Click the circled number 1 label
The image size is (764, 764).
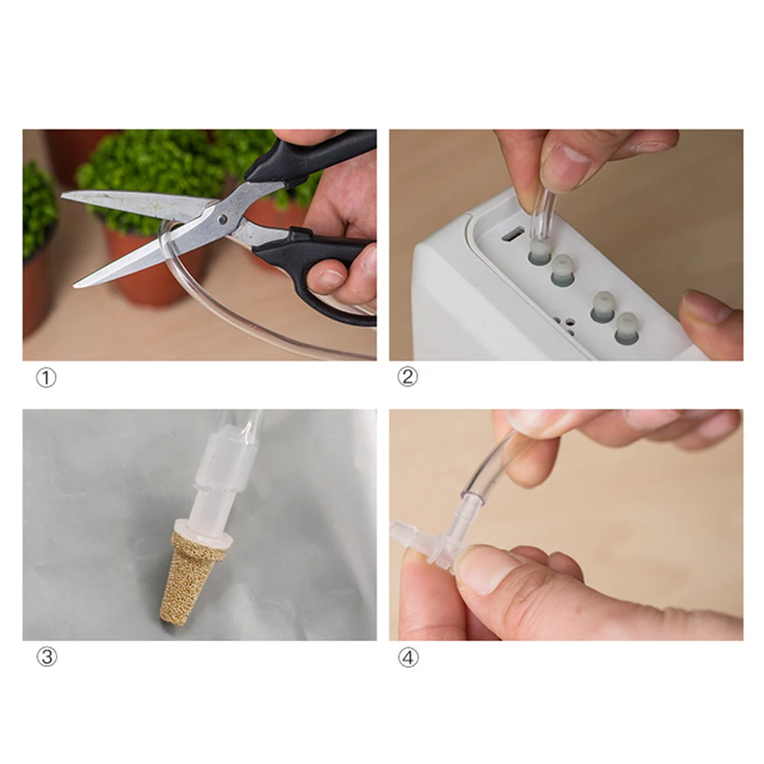(47, 378)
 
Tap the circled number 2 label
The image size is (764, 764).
(408, 376)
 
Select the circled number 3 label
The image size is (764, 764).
(47, 657)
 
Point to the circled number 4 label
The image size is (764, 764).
(408, 658)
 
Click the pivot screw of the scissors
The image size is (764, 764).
(222, 219)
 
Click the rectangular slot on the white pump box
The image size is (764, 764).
(512, 235)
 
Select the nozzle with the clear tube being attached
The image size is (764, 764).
(540, 253)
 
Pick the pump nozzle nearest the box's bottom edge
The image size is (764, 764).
(626, 329)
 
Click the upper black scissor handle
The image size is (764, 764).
(309, 155)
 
